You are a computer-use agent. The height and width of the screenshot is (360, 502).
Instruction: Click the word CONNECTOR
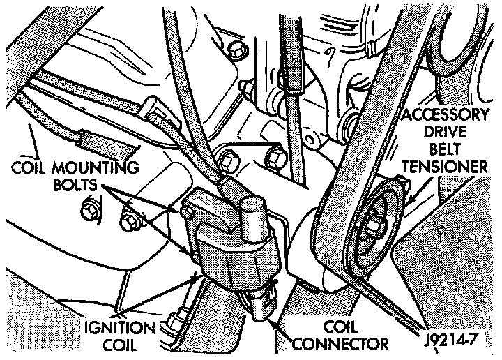pos(341,343)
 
